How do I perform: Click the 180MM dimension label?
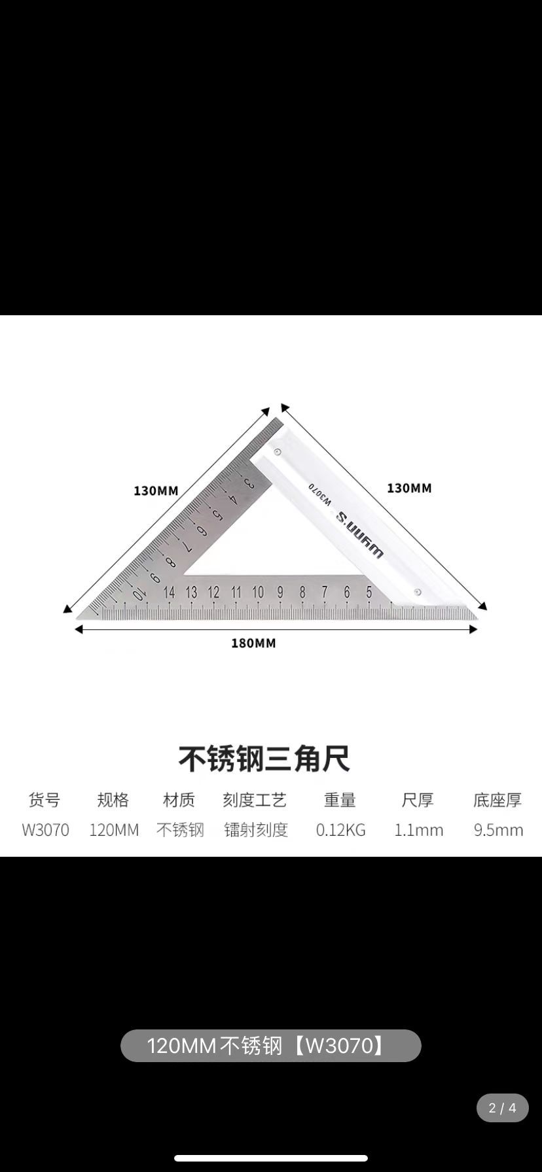tap(253, 643)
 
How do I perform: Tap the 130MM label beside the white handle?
tap(409, 488)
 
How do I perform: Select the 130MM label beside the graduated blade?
tap(156, 491)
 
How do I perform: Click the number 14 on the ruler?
tap(169, 593)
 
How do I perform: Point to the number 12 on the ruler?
tap(213, 593)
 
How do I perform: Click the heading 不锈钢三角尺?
tap(264, 759)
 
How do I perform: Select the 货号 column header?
tap(45, 800)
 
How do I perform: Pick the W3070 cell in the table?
tap(45, 830)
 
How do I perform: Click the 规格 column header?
tap(113, 800)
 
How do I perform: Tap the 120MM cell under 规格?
tap(114, 830)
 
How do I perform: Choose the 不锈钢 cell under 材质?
tap(180, 830)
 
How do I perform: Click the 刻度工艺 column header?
tap(255, 800)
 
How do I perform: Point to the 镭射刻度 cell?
tap(256, 830)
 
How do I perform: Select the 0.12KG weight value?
tap(340, 830)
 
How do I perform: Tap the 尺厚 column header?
tap(418, 800)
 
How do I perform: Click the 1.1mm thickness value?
tap(418, 830)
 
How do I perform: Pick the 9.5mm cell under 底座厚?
tap(498, 830)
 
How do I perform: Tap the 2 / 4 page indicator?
tap(502, 1108)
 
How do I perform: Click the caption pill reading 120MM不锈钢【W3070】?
tap(270, 1046)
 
